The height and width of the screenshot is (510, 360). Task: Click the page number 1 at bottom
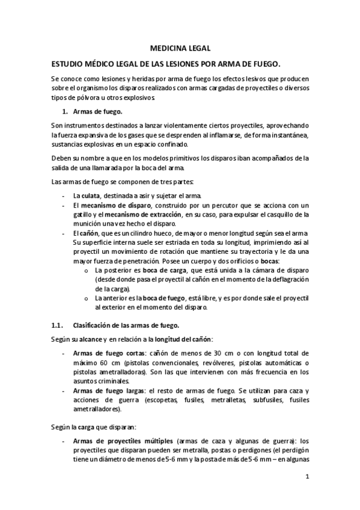click(x=307, y=478)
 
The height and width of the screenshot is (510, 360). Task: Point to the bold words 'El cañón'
click(x=85, y=233)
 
